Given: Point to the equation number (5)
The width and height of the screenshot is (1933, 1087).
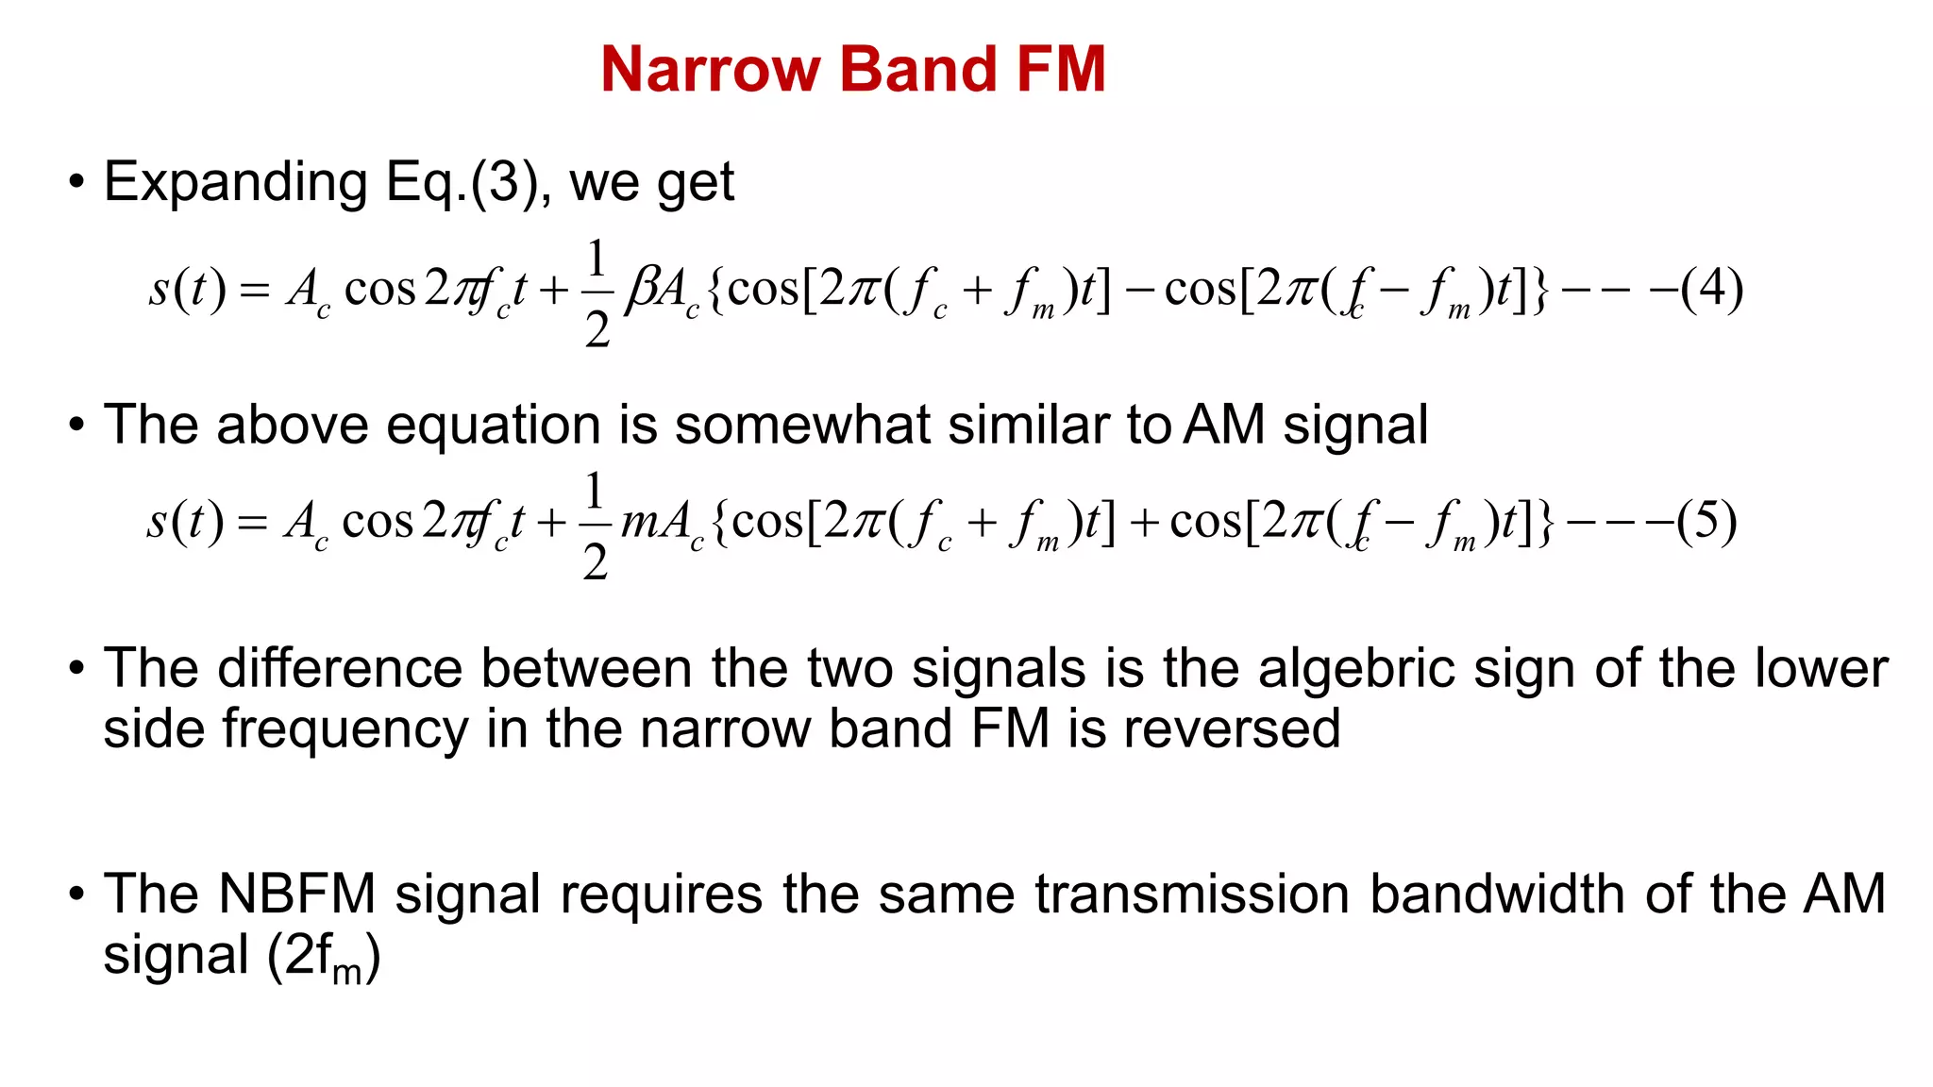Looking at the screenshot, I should point(1706,521).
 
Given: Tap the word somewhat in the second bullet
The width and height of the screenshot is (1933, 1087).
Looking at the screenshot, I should point(802,425).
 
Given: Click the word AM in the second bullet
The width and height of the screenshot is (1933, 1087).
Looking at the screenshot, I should point(1223,425).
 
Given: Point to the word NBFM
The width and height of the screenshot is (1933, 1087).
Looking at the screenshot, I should point(296,894).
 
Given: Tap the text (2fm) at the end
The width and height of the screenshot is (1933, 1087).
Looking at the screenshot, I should point(324,957).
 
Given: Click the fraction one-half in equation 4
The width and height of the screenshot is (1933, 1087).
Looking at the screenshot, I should point(597,293).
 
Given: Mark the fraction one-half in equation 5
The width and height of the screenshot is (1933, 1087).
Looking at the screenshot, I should point(595,526).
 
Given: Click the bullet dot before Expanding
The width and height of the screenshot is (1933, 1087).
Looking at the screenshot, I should point(76,182).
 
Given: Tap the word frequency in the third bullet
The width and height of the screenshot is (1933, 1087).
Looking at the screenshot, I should point(345,729).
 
